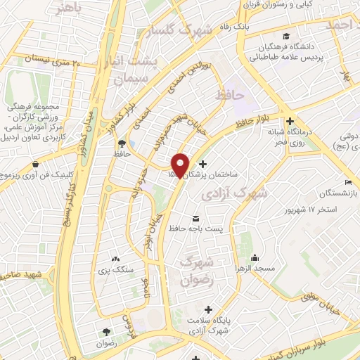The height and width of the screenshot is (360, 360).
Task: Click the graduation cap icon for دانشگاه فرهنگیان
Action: [285, 37]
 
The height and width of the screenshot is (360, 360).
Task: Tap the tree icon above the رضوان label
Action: [106, 332]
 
